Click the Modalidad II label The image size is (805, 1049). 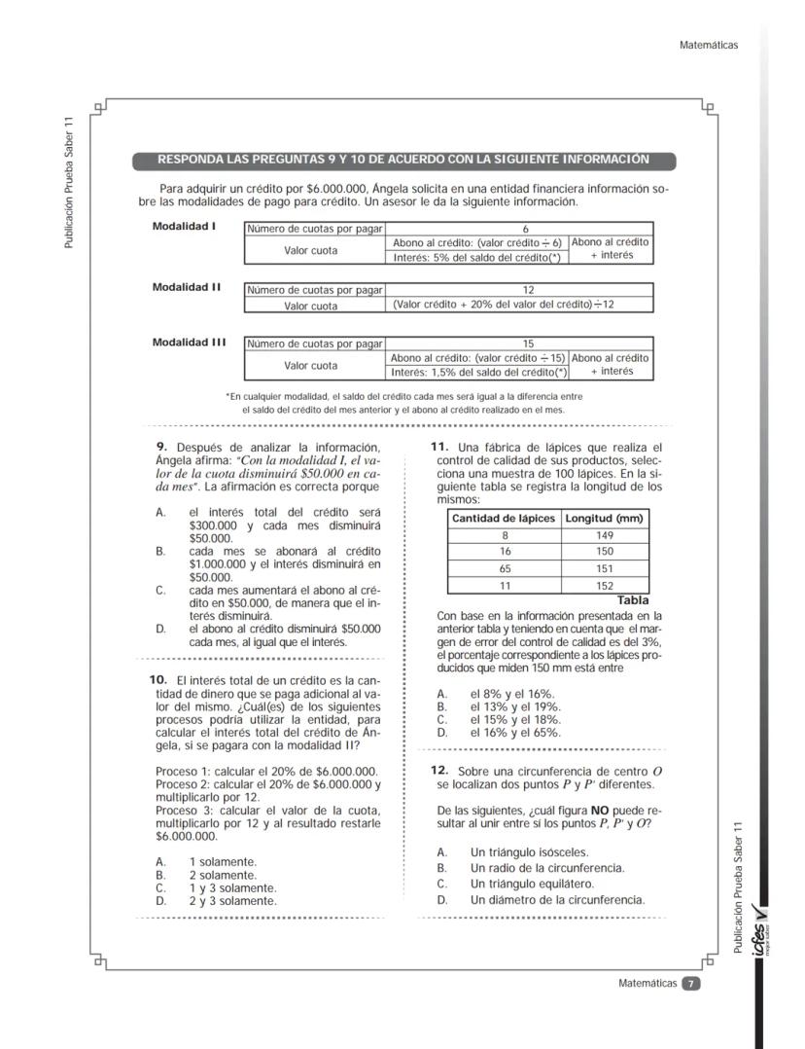point(187,287)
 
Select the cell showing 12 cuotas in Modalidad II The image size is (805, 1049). point(519,289)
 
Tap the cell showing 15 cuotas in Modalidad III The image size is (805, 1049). point(519,343)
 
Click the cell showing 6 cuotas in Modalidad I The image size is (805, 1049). point(519,229)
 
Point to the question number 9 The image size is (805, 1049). point(161,447)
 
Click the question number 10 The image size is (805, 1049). point(157,677)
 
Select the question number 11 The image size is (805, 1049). point(438,447)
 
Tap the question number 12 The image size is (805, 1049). point(438,770)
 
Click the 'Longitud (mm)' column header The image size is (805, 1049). point(605,519)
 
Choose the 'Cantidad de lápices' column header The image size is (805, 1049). point(505,519)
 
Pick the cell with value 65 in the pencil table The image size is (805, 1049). point(505,569)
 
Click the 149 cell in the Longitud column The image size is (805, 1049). point(605,535)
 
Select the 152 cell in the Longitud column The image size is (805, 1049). point(605,586)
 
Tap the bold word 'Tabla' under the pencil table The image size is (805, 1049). point(632,600)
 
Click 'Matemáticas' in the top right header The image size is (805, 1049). point(711,45)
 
